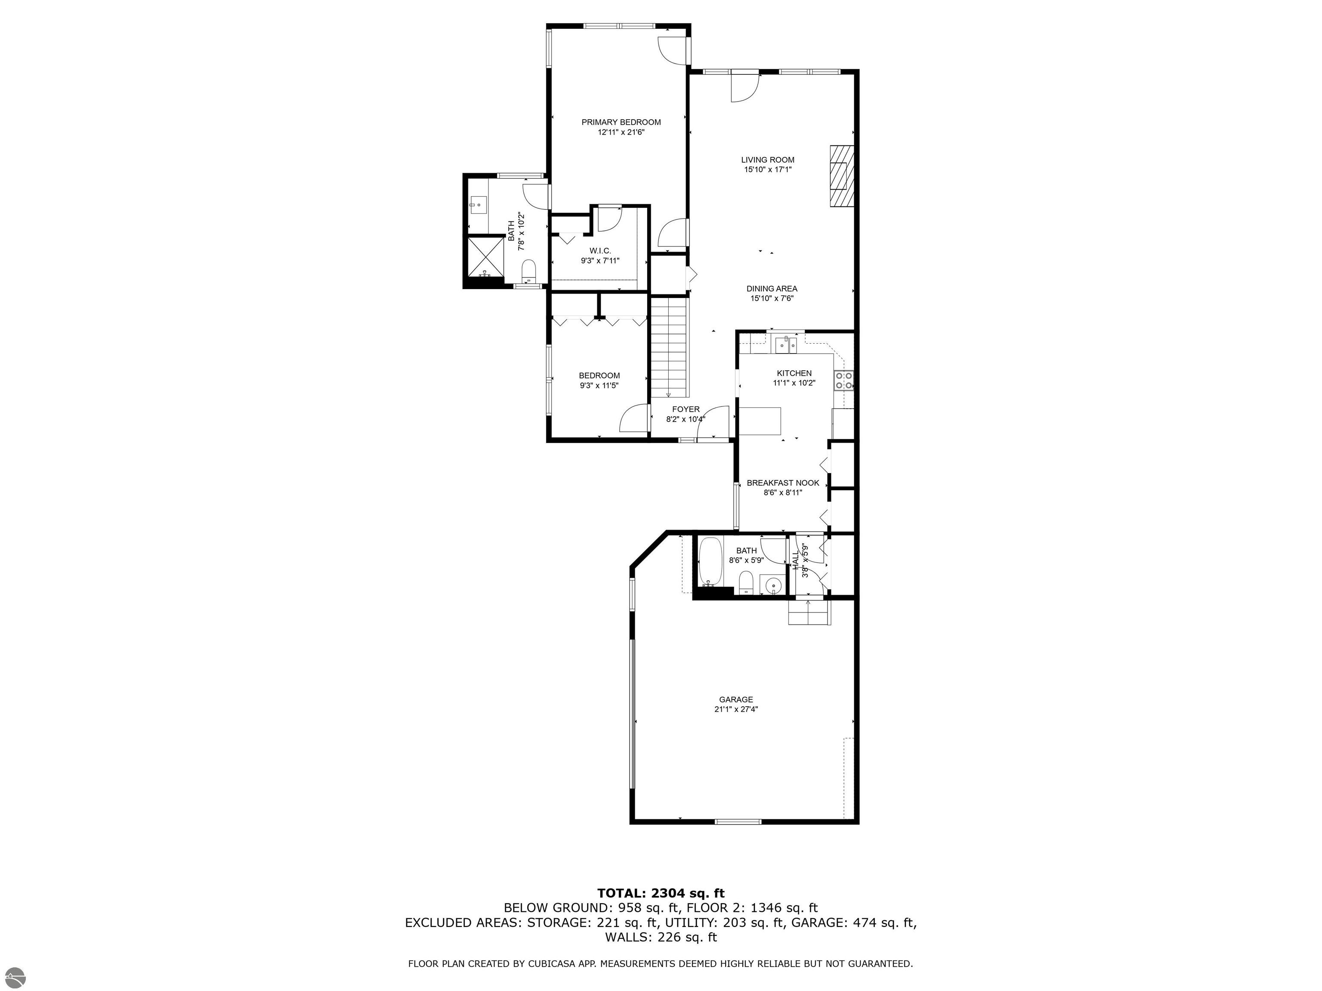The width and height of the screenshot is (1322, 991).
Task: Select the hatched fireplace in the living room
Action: point(840,176)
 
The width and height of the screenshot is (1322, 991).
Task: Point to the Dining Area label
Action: point(772,289)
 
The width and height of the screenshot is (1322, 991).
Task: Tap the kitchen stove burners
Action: point(844,381)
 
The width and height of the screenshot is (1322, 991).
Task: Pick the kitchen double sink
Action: point(787,345)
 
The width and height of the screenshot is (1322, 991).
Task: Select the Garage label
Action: point(736,699)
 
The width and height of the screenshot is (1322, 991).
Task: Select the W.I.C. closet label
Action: point(600,251)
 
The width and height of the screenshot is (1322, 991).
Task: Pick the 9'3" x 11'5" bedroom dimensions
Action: point(599,386)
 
